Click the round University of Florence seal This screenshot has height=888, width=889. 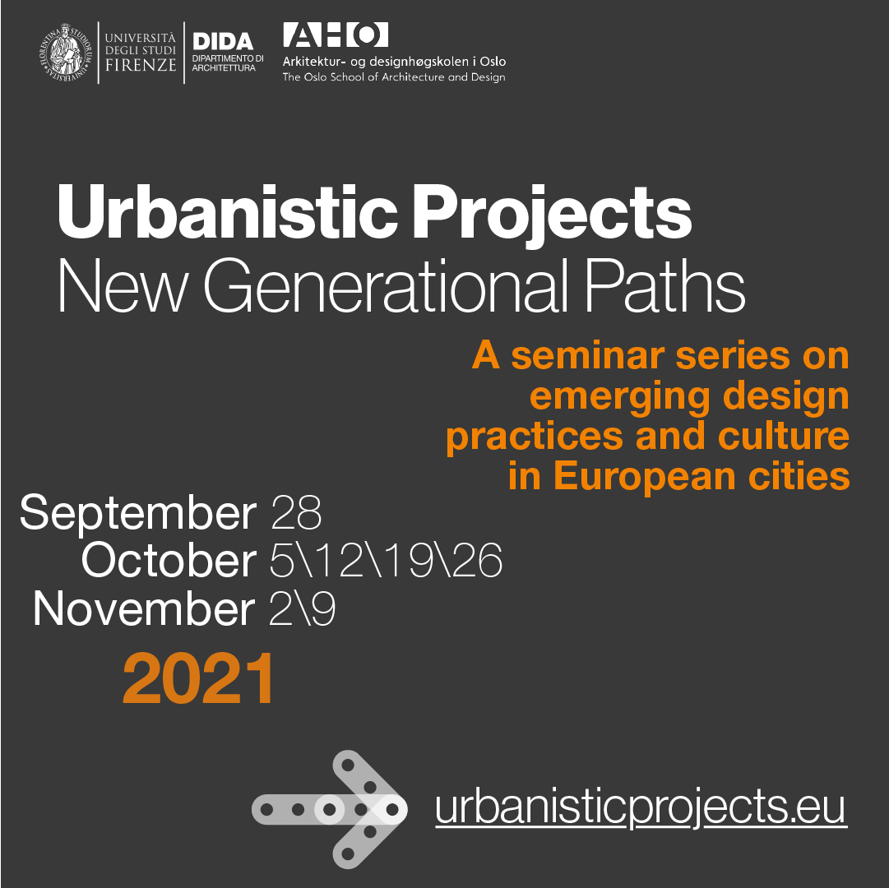65,52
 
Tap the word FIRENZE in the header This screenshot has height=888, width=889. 141,65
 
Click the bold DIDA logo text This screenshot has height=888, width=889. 223,41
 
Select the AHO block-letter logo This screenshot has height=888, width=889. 336,35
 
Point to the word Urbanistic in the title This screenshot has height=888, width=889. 227,212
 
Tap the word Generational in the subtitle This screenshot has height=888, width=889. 386,286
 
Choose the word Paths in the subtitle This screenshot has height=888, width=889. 664,285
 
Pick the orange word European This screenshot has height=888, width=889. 646,477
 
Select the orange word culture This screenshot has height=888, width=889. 784,436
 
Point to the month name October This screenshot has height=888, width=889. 169,560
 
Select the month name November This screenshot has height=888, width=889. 144,608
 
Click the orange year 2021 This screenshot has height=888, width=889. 198,678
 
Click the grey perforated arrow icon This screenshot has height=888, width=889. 330,809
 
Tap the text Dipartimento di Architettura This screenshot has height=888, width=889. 228,63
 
